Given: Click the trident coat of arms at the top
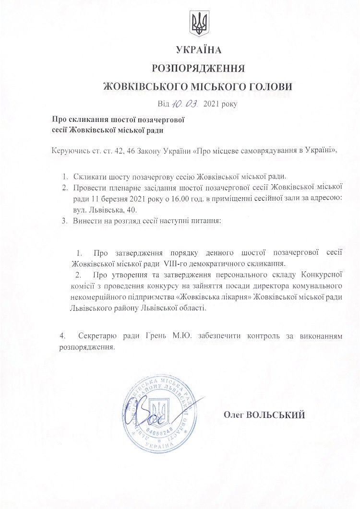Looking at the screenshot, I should tap(198, 24).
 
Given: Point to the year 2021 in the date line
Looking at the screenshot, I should tap(211, 103).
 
